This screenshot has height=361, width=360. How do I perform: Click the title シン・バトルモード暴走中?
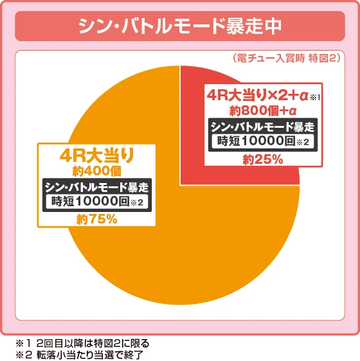pyautogui.click(x=179, y=26)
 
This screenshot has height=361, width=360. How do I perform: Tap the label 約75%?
pyautogui.click(x=96, y=218)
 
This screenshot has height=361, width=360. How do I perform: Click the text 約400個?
pyautogui.click(x=96, y=170)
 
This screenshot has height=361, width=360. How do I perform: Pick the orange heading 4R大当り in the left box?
pyautogui.click(x=96, y=155)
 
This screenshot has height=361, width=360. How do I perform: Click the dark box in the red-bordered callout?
pyautogui.click(x=263, y=134)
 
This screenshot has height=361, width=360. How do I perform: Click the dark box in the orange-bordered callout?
pyautogui.click(x=96, y=194)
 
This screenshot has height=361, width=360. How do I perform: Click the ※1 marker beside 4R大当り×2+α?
pyautogui.click(x=314, y=98)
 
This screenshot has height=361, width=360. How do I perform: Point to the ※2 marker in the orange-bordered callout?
pyautogui.click(x=135, y=204)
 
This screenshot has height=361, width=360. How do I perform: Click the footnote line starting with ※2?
pyautogui.click(x=84, y=354)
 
